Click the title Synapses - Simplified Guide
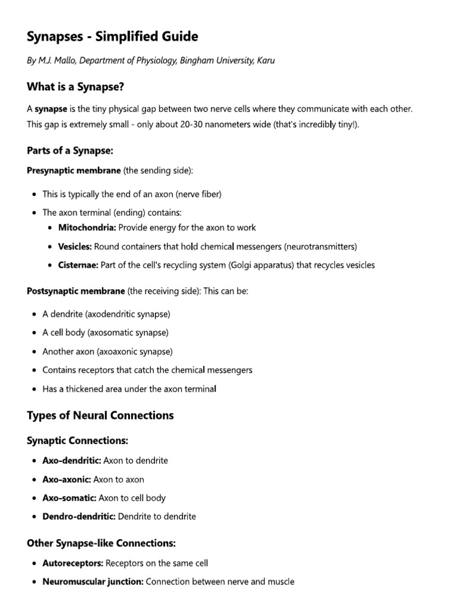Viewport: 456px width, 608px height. (x=112, y=37)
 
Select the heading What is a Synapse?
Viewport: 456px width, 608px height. (x=75, y=87)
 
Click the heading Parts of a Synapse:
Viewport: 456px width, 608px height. (x=69, y=151)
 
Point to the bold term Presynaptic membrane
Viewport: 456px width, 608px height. (x=74, y=170)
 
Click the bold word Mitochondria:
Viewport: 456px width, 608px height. (x=87, y=227)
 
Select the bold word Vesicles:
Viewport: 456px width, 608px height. (x=75, y=246)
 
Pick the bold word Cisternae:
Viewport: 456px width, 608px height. (x=78, y=265)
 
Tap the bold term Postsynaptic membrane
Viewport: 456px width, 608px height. (x=75, y=291)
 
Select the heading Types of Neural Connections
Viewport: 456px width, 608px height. (x=100, y=416)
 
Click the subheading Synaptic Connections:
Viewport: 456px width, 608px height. (x=77, y=441)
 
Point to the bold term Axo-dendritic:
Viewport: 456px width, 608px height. (x=71, y=460)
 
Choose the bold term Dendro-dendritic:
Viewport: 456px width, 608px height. (x=79, y=517)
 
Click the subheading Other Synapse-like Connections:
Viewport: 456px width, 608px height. (x=101, y=543)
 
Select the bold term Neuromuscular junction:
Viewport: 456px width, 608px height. (x=93, y=582)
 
